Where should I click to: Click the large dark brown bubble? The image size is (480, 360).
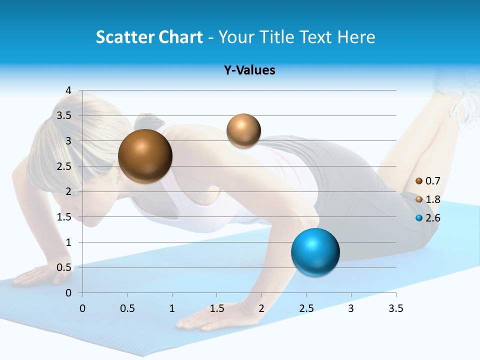click(145, 156)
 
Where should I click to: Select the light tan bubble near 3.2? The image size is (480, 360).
click(243, 131)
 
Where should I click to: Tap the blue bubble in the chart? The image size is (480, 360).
click(315, 252)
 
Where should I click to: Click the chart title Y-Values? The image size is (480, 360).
click(249, 70)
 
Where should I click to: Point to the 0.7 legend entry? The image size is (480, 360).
click(428, 181)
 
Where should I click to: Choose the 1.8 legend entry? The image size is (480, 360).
click(428, 199)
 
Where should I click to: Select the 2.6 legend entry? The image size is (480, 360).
click(428, 218)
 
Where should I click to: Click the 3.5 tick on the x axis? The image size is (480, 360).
click(395, 308)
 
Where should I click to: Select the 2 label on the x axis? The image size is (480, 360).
click(261, 308)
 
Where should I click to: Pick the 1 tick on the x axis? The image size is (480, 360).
click(172, 308)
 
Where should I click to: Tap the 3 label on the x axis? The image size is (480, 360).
click(351, 308)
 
